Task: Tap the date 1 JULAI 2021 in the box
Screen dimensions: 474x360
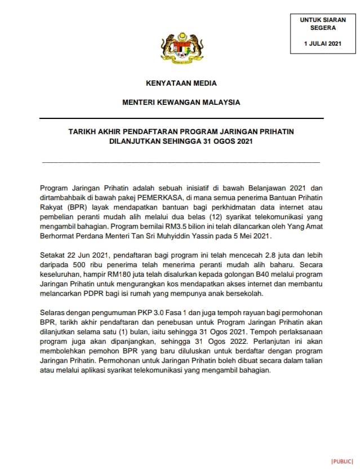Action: point(323,43)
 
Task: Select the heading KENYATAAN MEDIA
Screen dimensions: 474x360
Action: point(181,83)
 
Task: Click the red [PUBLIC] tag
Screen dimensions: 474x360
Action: point(342,462)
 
